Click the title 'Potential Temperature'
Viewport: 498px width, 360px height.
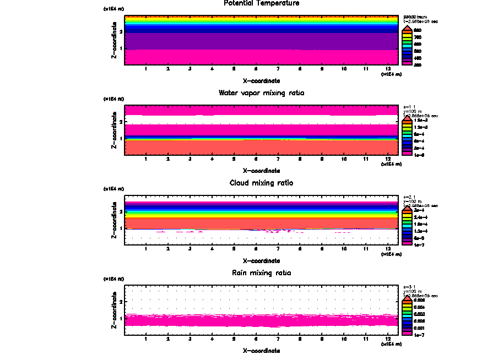(x=262, y=3)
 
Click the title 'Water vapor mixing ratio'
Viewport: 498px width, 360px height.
(x=262, y=93)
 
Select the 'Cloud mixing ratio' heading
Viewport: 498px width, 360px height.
(x=262, y=183)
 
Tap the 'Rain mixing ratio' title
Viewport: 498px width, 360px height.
(x=262, y=273)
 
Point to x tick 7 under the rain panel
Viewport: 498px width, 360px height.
(x=278, y=339)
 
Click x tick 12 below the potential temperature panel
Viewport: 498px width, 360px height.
(x=388, y=69)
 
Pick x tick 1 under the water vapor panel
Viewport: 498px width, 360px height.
(x=146, y=160)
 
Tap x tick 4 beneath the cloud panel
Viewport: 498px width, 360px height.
(x=212, y=249)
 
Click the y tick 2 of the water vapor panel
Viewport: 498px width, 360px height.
(x=120, y=121)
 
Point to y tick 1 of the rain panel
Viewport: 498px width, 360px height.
(x=120, y=318)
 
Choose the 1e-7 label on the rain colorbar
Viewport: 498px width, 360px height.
(x=419, y=334)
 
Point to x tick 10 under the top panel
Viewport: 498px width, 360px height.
(x=344, y=69)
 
